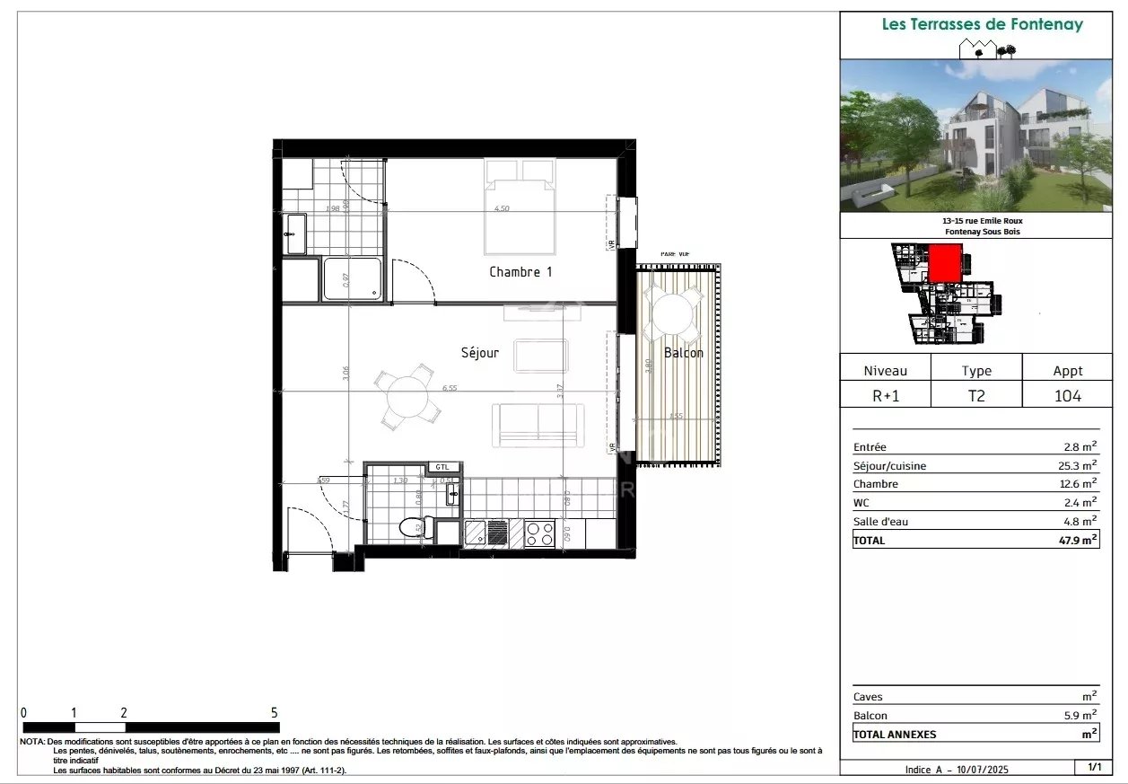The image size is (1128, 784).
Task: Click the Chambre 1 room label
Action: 520,271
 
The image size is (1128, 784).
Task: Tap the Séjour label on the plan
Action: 480,353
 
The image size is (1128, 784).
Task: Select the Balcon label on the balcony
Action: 683,353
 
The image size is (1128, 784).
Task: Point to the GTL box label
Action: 442,467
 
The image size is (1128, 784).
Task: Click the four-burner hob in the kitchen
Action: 539,533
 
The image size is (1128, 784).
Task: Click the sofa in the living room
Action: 538,425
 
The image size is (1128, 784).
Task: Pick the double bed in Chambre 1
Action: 520,207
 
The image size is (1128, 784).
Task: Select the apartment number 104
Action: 1067,395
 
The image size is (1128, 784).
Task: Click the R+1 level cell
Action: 885,395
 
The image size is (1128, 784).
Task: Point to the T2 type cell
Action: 976,395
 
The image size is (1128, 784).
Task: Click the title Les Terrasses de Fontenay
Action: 982,24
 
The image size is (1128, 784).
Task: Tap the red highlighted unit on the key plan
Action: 944,264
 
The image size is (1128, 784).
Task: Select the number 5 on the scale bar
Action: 275,712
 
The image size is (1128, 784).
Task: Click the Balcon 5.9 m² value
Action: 1079,716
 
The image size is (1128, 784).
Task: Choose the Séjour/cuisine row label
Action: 890,466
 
